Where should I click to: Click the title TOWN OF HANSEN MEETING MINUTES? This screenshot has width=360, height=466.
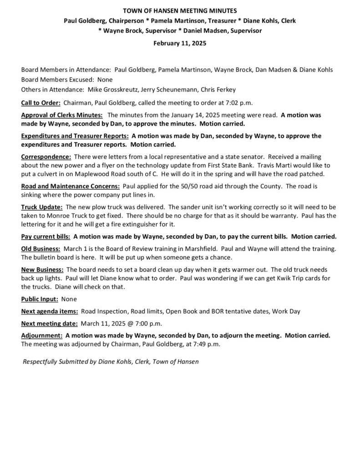[x=180, y=10]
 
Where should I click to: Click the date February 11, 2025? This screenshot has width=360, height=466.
[x=180, y=44]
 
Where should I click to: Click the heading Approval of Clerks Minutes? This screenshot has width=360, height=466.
[x=62, y=116]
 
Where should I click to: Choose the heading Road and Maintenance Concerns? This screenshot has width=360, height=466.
[x=71, y=186]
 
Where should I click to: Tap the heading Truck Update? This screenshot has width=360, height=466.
[x=42, y=207]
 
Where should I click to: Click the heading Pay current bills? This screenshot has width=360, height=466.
[x=46, y=237]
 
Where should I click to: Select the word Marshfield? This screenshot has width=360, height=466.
[x=192, y=249]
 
